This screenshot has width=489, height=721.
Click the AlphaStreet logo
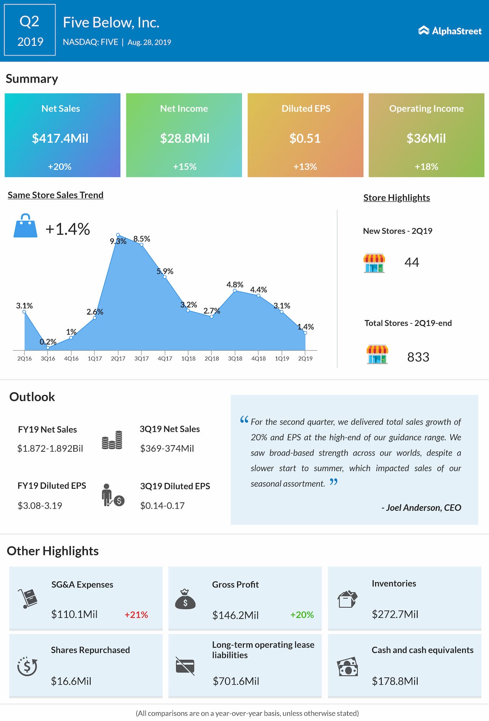tap(450, 31)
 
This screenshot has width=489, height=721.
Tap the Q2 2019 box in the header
tap(30, 30)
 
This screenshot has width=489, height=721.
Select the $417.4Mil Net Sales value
tap(60, 138)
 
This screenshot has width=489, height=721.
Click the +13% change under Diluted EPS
tap(305, 167)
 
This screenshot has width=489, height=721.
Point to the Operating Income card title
tap(426, 109)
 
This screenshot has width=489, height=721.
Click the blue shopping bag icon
tap(25, 226)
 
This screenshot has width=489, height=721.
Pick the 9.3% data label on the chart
tap(118, 241)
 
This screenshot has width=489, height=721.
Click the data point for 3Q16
tap(48, 348)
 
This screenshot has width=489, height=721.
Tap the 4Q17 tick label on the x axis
tap(165, 358)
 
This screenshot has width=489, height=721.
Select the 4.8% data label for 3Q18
tap(235, 285)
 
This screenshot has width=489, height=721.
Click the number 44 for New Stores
tap(412, 262)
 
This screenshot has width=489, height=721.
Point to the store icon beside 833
tap(377, 354)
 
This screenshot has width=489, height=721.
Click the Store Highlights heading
tap(397, 198)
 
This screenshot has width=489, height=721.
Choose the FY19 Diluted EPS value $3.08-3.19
tap(40, 506)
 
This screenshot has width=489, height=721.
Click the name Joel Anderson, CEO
tap(421, 507)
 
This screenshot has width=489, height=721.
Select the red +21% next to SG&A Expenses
tap(136, 615)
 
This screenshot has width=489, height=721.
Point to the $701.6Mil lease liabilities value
tap(236, 681)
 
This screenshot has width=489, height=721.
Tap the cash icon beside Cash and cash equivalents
tap(348, 667)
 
